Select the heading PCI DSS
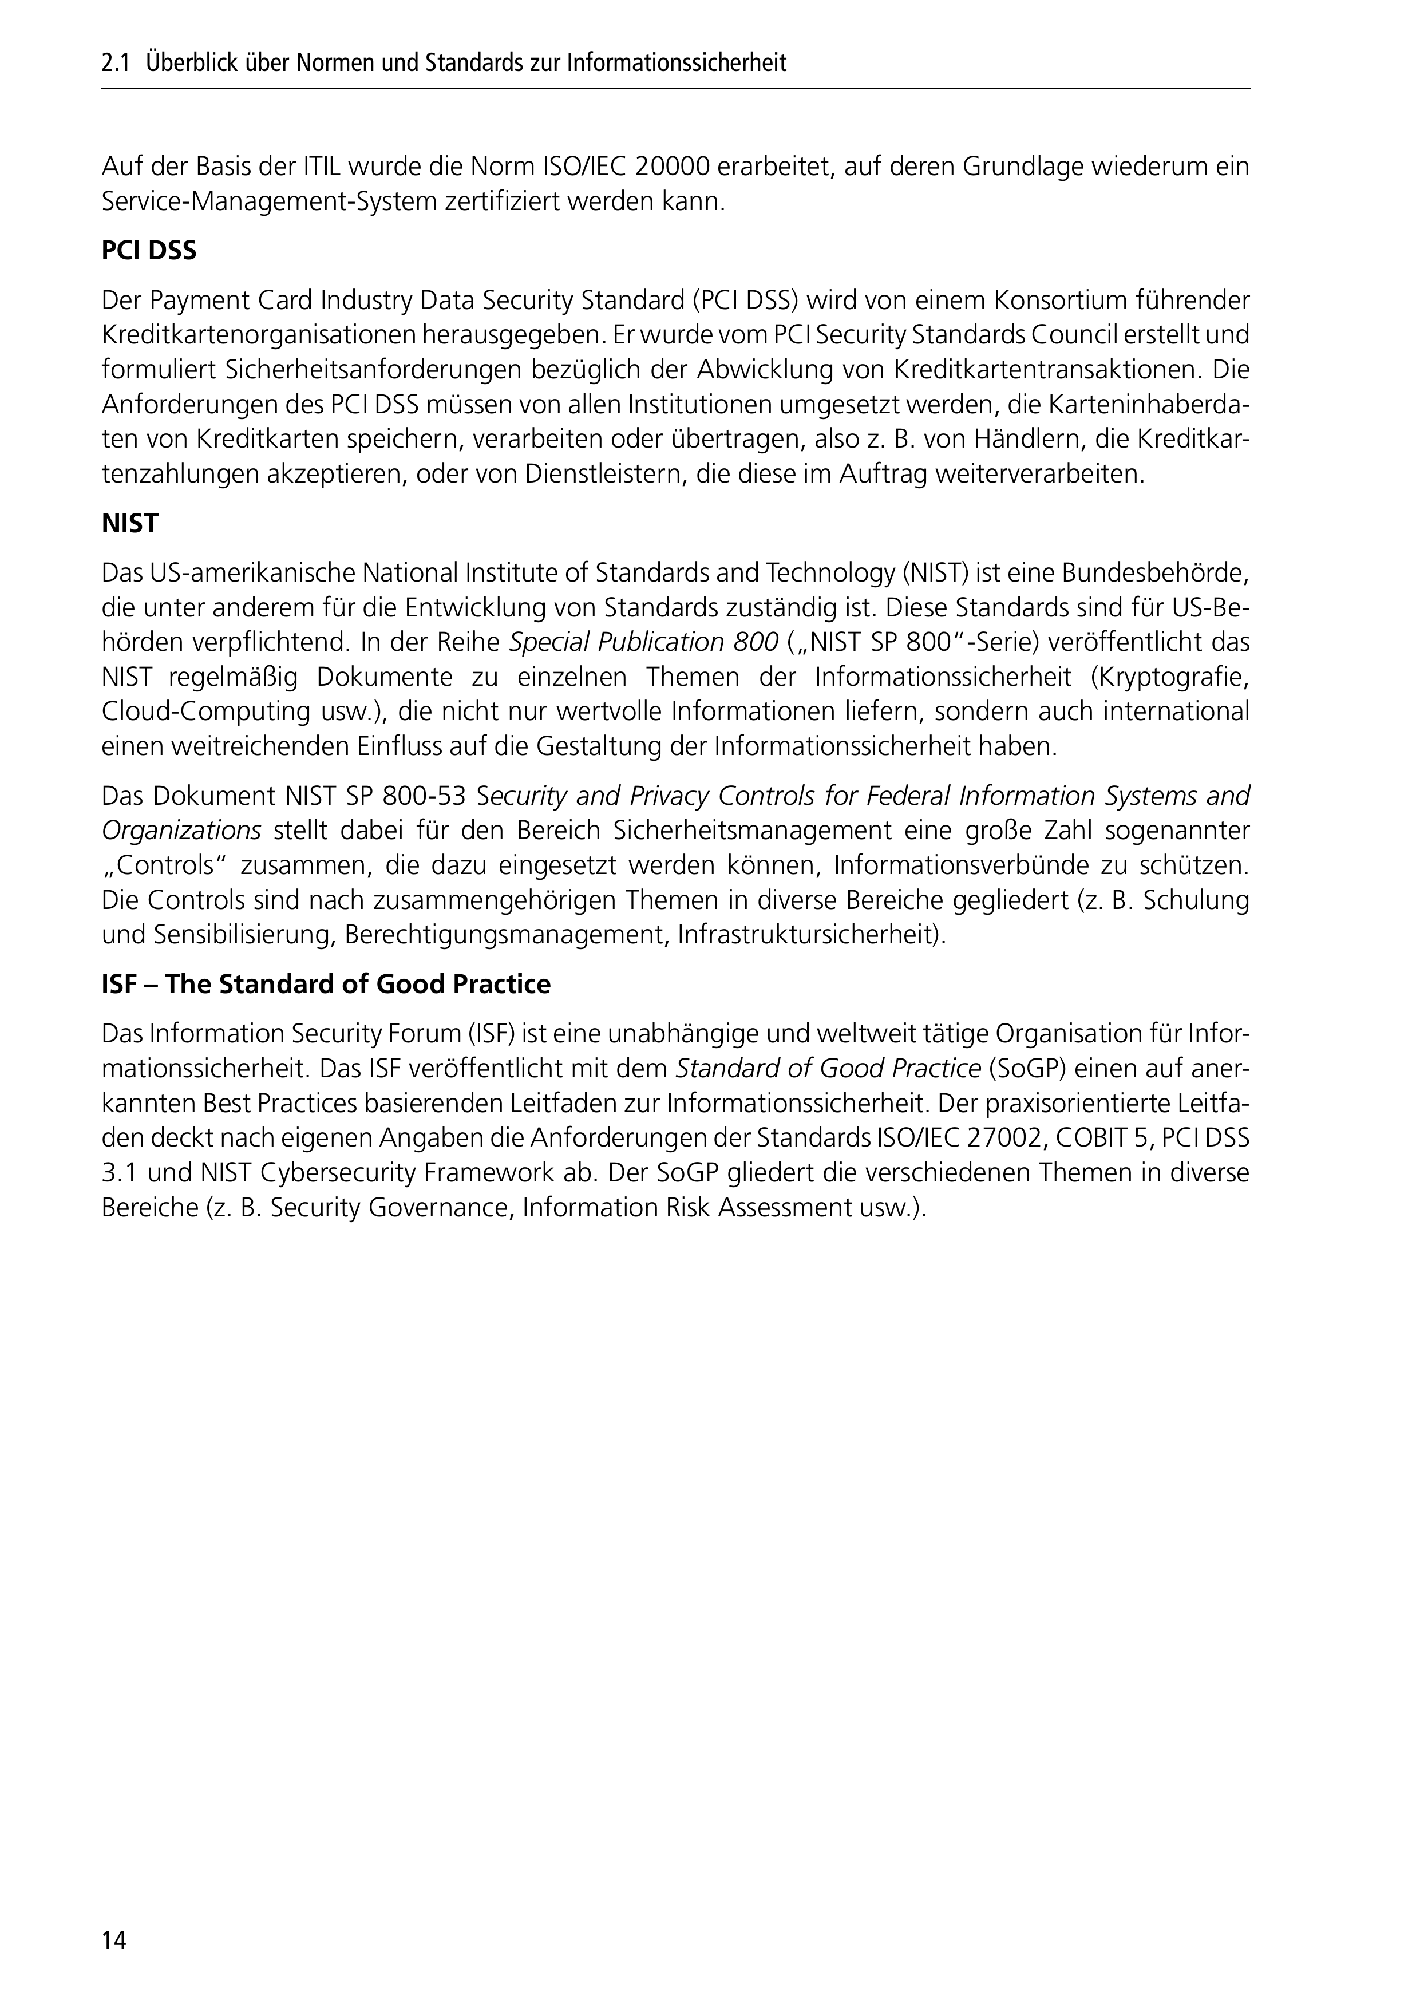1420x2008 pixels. click(x=149, y=251)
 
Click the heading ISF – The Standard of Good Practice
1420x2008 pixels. click(x=326, y=984)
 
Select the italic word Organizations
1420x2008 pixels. click(x=181, y=831)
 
